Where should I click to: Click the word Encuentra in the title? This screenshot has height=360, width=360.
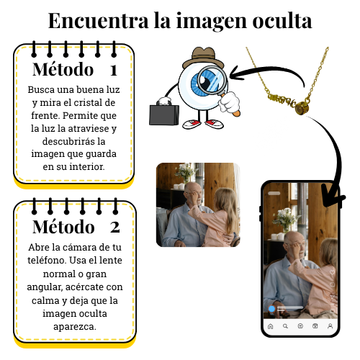(99, 21)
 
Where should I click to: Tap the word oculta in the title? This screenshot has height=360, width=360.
(282, 21)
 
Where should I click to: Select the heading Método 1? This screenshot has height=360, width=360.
(75, 70)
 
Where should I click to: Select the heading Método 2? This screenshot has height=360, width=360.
(76, 227)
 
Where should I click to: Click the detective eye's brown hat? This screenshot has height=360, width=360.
(203, 58)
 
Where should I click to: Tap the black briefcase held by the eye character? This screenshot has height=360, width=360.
(164, 114)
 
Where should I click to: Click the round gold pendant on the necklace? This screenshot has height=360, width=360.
(302, 108)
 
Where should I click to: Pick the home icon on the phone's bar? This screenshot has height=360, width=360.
(271, 326)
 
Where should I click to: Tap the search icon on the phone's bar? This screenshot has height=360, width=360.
(285, 326)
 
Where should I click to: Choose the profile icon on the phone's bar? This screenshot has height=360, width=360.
(330, 326)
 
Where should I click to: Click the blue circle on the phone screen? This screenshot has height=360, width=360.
(271, 309)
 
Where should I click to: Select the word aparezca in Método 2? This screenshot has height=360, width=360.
(75, 327)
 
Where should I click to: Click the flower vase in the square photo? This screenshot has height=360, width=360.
(185, 174)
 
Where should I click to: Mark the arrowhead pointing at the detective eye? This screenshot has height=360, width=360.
(236, 73)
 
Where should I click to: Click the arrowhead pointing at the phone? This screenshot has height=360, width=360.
(333, 196)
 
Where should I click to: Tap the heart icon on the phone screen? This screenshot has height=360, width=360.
(332, 272)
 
